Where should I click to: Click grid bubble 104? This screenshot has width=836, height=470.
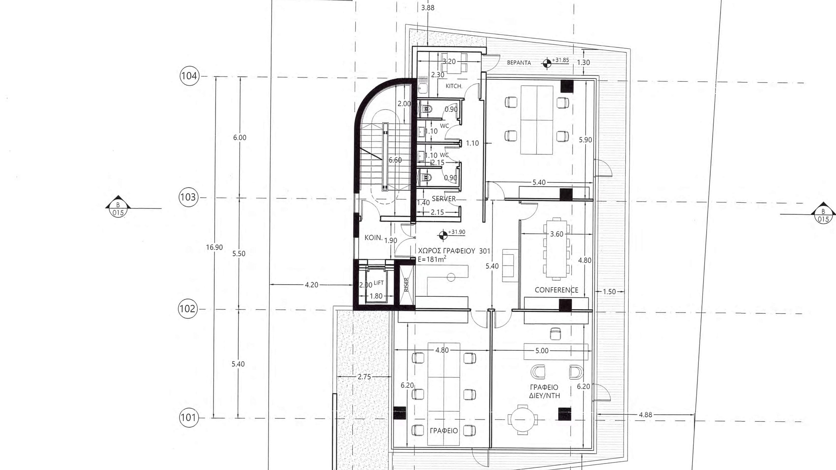click(189, 76)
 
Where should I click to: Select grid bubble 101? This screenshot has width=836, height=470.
click(188, 418)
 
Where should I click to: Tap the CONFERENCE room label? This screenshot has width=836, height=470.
click(556, 290)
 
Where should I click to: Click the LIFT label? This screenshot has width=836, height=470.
click(379, 283)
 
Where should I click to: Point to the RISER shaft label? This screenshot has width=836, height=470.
click(407, 285)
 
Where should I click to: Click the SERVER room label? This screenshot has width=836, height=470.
click(444, 199)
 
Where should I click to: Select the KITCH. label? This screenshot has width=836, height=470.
click(454, 86)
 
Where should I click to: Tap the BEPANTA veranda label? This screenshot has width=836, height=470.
click(519, 63)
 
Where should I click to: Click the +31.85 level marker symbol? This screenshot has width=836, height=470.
click(546, 64)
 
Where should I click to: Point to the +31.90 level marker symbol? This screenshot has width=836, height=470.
click(443, 235)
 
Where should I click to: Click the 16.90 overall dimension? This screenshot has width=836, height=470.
click(215, 247)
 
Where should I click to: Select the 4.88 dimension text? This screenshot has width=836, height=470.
click(646, 415)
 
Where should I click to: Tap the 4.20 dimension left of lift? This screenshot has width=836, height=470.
click(311, 285)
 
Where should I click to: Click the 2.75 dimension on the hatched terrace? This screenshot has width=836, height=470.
click(364, 377)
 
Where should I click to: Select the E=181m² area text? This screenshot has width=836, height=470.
click(432, 259)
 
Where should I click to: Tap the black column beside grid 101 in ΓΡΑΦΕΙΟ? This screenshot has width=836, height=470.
click(399, 413)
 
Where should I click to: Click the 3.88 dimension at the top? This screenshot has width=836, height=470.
click(428, 8)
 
